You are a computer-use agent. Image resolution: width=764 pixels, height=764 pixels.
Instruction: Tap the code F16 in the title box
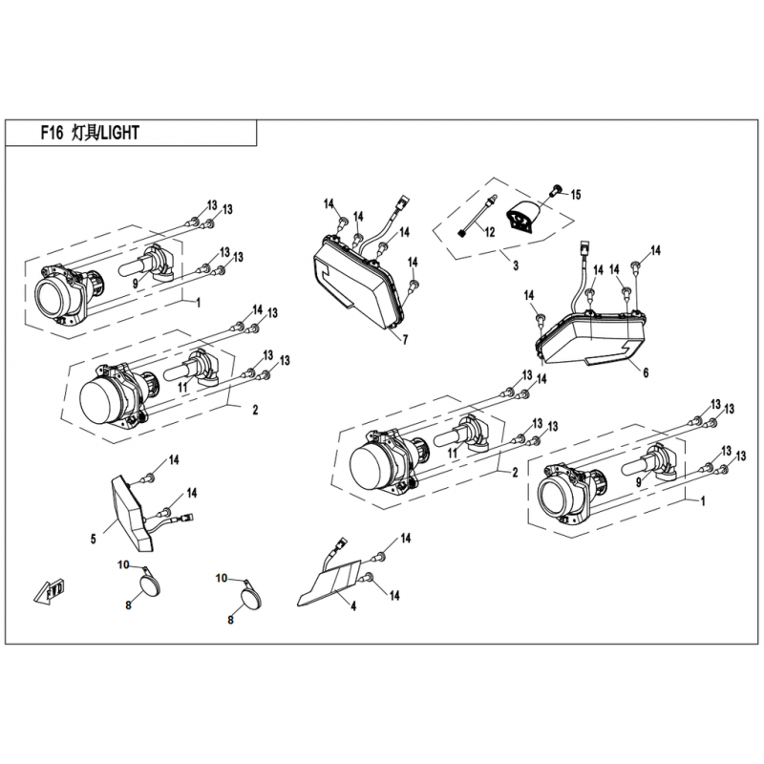click(53, 134)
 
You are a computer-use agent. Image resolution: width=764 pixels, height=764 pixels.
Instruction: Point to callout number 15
click(576, 195)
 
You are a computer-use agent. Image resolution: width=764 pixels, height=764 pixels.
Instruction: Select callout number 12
click(489, 232)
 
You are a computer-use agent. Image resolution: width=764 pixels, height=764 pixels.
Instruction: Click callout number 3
click(515, 265)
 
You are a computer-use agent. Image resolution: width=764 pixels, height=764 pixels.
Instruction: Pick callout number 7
click(404, 339)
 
